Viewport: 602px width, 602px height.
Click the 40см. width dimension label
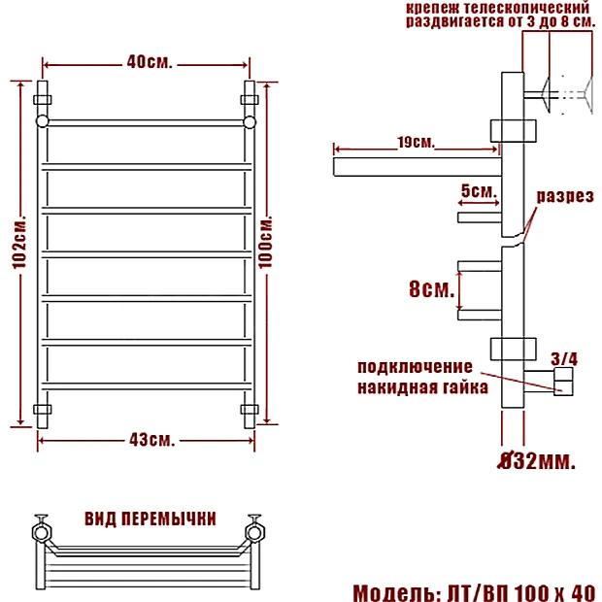point(150,62)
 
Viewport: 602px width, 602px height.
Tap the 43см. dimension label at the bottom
point(152,440)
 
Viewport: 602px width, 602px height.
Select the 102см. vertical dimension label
point(19,242)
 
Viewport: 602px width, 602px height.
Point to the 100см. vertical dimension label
point(265,242)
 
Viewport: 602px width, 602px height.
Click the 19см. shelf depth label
point(417,143)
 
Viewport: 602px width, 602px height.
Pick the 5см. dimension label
point(479,191)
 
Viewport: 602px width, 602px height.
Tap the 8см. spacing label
point(431,288)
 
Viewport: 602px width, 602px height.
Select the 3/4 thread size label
point(564,359)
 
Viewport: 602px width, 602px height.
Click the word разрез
point(565,196)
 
